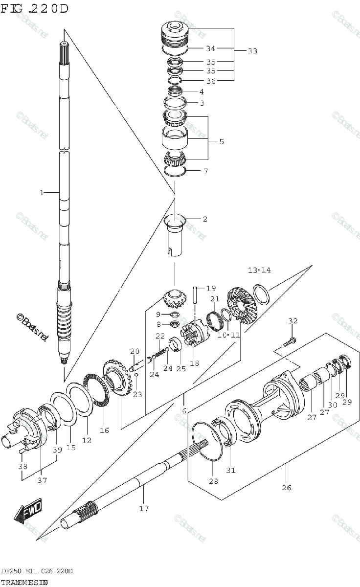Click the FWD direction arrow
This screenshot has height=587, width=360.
pos(28,511)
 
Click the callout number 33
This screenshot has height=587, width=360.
pos(252,51)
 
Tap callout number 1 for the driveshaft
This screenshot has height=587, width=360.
pos(42,193)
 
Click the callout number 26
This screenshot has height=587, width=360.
pos(286,487)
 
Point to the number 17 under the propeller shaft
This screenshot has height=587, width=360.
pos(143,508)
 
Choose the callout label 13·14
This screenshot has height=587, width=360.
pos(259,270)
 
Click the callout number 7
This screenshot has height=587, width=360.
pos(205,171)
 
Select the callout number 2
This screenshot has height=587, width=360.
pos(204,219)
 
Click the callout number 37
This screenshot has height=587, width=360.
pos(43,480)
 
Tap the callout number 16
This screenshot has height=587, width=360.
pos(104,430)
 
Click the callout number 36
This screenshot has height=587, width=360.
pos(210,81)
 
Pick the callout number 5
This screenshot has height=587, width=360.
pos(221,141)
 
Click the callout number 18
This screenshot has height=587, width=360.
pos(194,363)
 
